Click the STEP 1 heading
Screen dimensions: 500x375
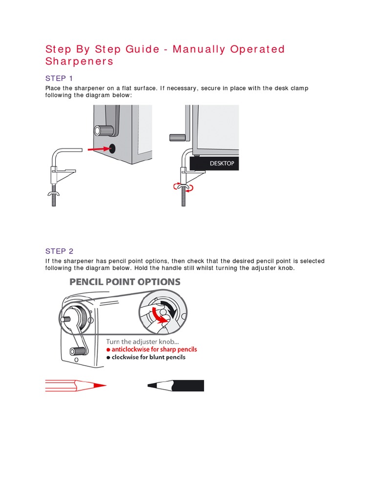click(59, 79)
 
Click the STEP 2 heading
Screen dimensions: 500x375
click(59, 251)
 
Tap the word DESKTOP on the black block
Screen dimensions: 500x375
click(222, 164)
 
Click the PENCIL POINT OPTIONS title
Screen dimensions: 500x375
click(125, 282)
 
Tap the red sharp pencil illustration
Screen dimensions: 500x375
click(76, 386)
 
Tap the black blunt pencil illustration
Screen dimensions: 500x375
click(176, 386)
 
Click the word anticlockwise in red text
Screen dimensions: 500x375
click(130, 350)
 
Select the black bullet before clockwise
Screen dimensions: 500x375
click(108, 357)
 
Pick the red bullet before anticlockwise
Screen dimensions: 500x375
click(108, 350)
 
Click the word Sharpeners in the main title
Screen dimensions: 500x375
click(79, 62)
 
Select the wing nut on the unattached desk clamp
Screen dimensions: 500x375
click(53, 194)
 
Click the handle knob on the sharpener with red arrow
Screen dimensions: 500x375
click(104, 130)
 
